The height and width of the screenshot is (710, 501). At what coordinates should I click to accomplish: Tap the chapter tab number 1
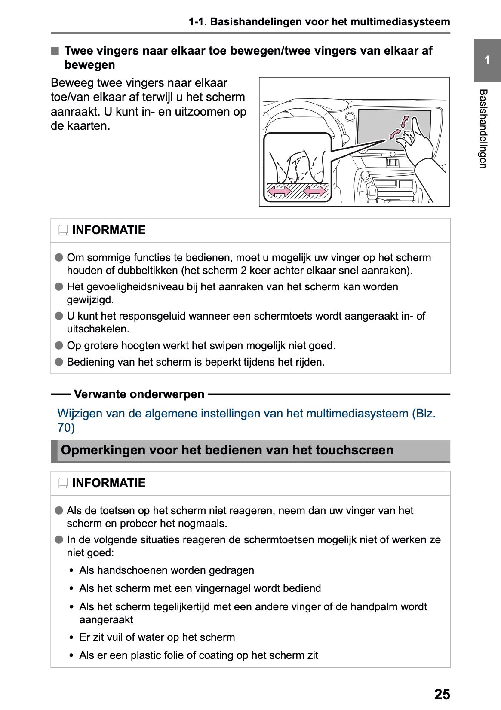coord(487,60)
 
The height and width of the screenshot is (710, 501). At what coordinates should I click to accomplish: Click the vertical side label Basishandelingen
coord(483,128)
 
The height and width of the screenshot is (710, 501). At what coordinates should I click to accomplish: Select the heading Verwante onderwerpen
coord(139,394)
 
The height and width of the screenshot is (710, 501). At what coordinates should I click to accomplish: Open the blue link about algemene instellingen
coord(246,414)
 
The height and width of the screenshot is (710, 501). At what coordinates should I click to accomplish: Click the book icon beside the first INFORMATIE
coord(63,231)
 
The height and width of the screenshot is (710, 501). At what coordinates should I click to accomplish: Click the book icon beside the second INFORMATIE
coord(63,484)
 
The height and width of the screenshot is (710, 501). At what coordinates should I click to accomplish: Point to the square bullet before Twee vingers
coord(55,51)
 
